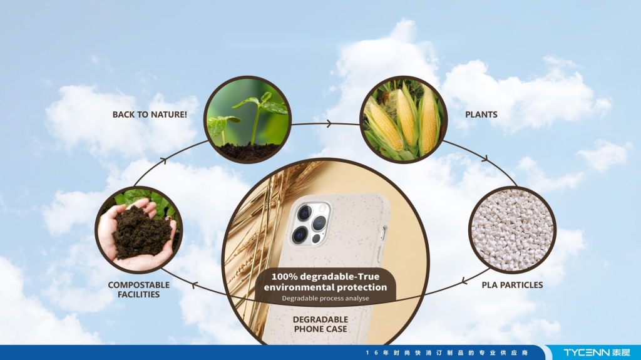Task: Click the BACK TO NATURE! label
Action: pos(150,115)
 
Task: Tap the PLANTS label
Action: pos(481,115)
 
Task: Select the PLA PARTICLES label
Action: pos(512,285)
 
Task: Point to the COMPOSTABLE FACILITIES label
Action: pos(138,290)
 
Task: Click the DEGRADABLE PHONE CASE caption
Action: pos(320,324)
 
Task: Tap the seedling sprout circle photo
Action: pos(247,120)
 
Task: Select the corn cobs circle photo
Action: pos(404,120)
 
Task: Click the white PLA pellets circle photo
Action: pos(512,230)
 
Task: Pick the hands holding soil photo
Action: pos(139,230)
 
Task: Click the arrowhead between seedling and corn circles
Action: pos(329,123)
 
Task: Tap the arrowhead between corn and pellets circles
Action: pos(485,158)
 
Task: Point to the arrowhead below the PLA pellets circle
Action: pos(464,281)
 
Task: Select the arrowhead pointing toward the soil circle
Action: pos(195,285)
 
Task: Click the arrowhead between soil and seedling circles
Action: pos(163,160)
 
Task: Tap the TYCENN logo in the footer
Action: pos(597,352)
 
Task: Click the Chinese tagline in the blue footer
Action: pos(447,352)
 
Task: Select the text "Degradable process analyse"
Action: pos(326,298)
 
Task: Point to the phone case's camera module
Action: pos(309,224)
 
